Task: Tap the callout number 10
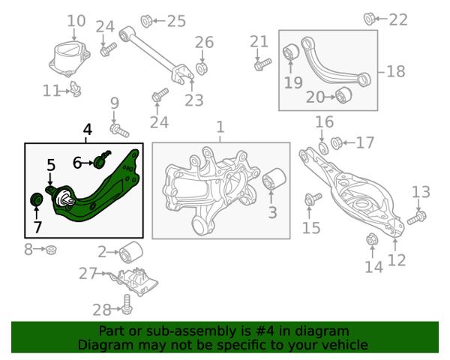click(x=76, y=21)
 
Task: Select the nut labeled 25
click(x=147, y=21)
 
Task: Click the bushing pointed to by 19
click(x=291, y=52)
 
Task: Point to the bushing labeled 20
click(x=343, y=95)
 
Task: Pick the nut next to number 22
click(x=369, y=19)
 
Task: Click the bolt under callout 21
click(x=262, y=64)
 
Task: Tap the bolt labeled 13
click(x=417, y=218)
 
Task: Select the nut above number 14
click(x=372, y=240)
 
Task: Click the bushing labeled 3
click(x=274, y=180)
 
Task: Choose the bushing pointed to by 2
click(x=130, y=252)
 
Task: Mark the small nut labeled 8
click(x=51, y=250)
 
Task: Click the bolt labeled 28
click(x=126, y=304)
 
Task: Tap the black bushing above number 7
click(x=37, y=199)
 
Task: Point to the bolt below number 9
click(x=119, y=130)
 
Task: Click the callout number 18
click(x=396, y=71)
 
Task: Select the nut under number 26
click(x=202, y=68)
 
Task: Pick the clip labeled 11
click(x=76, y=88)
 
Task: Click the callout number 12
click(x=397, y=260)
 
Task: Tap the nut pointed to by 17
click(x=336, y=143)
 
